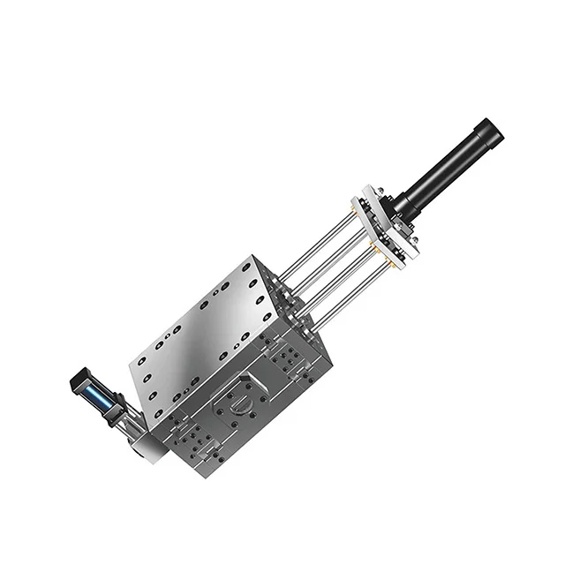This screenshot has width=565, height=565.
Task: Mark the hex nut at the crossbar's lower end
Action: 411,255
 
